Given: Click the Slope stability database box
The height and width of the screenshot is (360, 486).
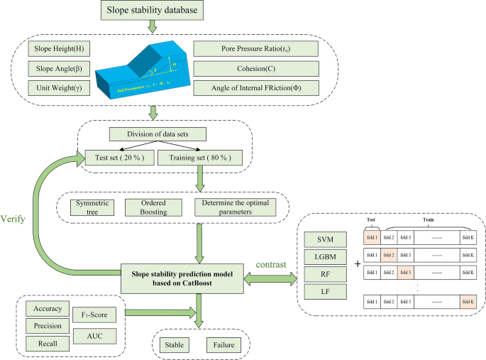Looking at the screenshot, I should click(x=153, y=11).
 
